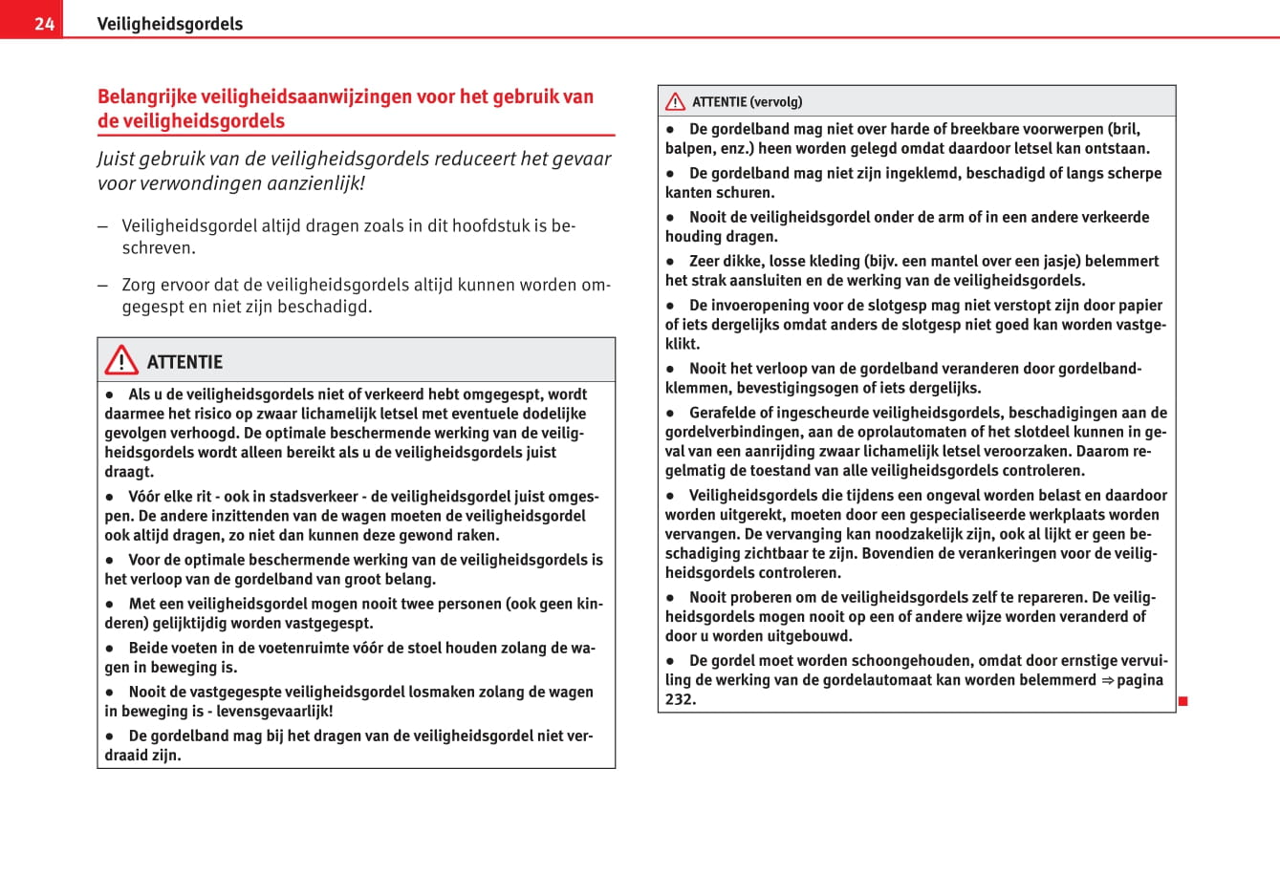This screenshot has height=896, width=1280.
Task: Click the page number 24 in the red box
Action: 44,24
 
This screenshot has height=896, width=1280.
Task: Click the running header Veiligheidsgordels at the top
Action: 169,24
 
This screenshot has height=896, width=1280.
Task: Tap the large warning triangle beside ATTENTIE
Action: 121,360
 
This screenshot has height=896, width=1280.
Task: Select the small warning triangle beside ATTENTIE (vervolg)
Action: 676,101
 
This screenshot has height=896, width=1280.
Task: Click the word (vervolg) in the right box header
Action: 776,102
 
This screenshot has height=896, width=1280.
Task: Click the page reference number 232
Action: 680,699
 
